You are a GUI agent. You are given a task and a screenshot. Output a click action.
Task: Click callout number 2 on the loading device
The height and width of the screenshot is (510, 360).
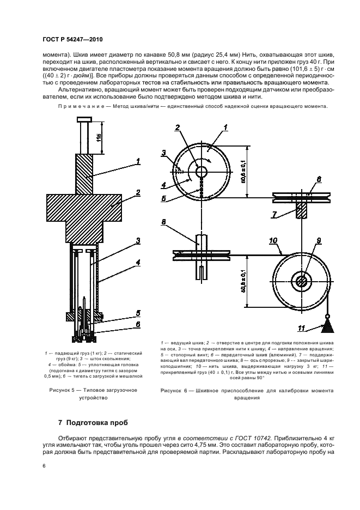pos(138,192)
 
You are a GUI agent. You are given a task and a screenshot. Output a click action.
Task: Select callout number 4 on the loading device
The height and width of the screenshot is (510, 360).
pos(138,262)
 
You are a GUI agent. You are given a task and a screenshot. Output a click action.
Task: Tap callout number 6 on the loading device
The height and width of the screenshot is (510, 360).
pos(138,324)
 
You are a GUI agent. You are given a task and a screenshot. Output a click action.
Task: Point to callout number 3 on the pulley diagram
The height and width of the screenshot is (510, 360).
pos(163,154)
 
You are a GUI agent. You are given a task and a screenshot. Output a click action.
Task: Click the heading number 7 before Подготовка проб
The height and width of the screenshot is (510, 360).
pos(60,422)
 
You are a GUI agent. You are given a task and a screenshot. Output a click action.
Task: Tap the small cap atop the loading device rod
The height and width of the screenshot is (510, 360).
pos(86,120)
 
